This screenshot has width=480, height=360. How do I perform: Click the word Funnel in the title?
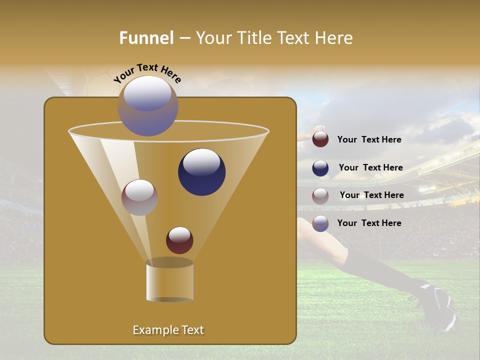coord(146,38)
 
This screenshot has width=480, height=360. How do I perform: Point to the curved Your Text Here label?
coord(147,72)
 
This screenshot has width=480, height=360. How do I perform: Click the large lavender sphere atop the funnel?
coord(148,106)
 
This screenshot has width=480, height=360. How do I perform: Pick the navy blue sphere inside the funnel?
coord(201,172)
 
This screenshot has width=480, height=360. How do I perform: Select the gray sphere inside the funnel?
coord(139,197)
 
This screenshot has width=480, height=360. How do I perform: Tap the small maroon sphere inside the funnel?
coord(179,240)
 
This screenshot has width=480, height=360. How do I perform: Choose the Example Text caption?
coord(168,330)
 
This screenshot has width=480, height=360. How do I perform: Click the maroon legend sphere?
coord(320,139)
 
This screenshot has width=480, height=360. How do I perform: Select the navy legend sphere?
coord(320,168)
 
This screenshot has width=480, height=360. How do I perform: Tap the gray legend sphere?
coord(320,196)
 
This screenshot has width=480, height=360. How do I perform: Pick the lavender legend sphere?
coord(320,223)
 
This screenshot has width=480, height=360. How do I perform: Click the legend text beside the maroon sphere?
coord(369,139)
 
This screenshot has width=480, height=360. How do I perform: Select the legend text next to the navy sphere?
coord(370,167)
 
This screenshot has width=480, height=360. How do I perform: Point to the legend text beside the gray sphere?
coord(371,195)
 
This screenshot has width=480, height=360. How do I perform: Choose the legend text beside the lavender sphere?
coord(369,223)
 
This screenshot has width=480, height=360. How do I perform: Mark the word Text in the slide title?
coord(293,38)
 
